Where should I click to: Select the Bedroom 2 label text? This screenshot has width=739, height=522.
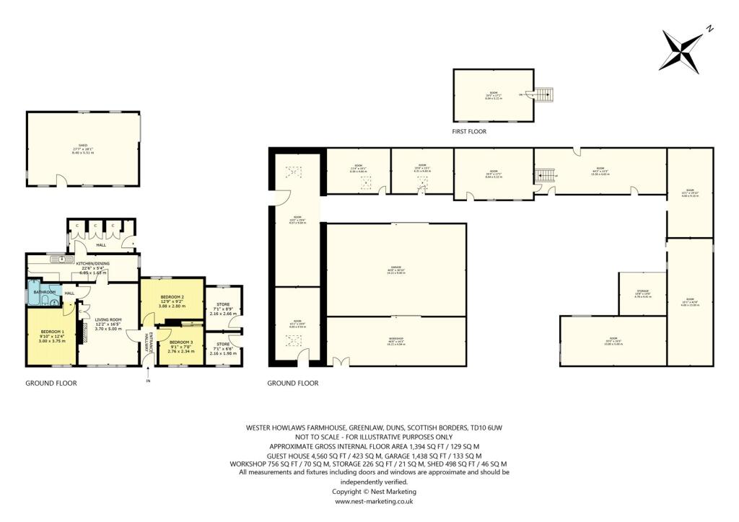tap(172, 301)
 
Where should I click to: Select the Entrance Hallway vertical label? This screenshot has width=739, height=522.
tap(148, 342)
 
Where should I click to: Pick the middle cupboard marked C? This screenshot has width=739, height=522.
tap(96, 226)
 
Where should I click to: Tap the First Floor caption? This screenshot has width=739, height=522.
tap(470, 132)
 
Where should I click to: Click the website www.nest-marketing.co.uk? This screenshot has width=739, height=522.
tap(374, 501)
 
